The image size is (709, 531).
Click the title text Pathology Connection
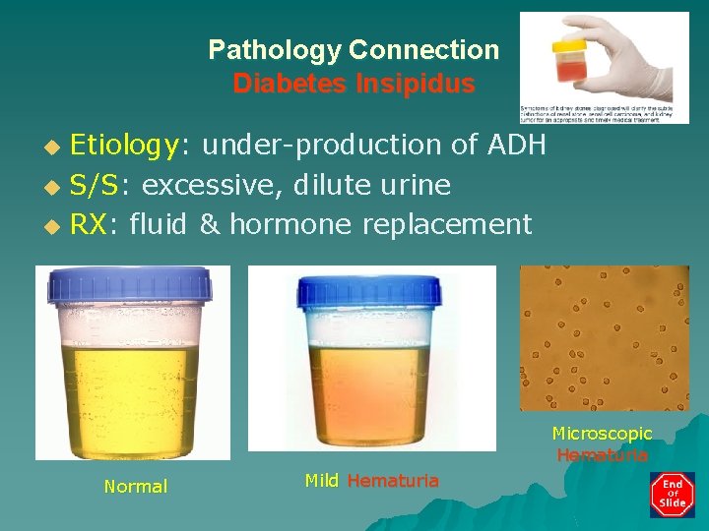coord(354,49)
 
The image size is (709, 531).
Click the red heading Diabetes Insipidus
coord(354,84)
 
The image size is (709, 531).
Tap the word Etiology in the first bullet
coord(124,146)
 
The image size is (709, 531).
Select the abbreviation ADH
coord(516,145)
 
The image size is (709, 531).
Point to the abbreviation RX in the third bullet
coord(89,224)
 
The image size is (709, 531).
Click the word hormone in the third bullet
coord(291,224)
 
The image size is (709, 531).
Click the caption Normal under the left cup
coord(136,487)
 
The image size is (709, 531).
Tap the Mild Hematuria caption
coord(371,481)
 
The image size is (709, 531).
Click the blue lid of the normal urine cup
coord(132,285)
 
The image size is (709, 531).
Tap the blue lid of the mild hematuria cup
coord(372,291)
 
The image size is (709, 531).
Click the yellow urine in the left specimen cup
coord(133,393)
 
